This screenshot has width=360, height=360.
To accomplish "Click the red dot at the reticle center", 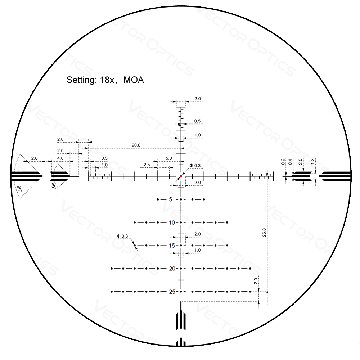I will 181,176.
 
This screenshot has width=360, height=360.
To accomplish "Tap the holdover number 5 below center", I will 171,199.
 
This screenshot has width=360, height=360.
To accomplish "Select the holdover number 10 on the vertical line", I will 172,223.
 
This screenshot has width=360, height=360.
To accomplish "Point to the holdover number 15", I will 172,246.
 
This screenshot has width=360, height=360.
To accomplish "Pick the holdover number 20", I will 172,269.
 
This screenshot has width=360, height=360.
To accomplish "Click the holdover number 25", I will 172,292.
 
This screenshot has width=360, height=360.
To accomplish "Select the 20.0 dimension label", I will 136,145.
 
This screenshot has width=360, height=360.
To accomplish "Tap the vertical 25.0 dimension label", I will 264,232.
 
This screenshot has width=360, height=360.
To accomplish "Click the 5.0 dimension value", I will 169,158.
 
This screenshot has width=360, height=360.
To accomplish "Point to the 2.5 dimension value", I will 147,165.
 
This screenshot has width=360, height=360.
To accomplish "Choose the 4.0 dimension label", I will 60,158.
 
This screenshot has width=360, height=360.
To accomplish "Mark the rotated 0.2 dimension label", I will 283,162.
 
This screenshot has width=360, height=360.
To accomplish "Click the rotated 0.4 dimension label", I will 290,162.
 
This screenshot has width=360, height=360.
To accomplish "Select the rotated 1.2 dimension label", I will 312,162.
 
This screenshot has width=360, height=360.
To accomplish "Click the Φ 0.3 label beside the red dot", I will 195,166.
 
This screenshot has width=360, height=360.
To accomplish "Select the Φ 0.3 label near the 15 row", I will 122,236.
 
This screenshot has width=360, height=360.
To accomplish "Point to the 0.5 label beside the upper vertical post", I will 197,121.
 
